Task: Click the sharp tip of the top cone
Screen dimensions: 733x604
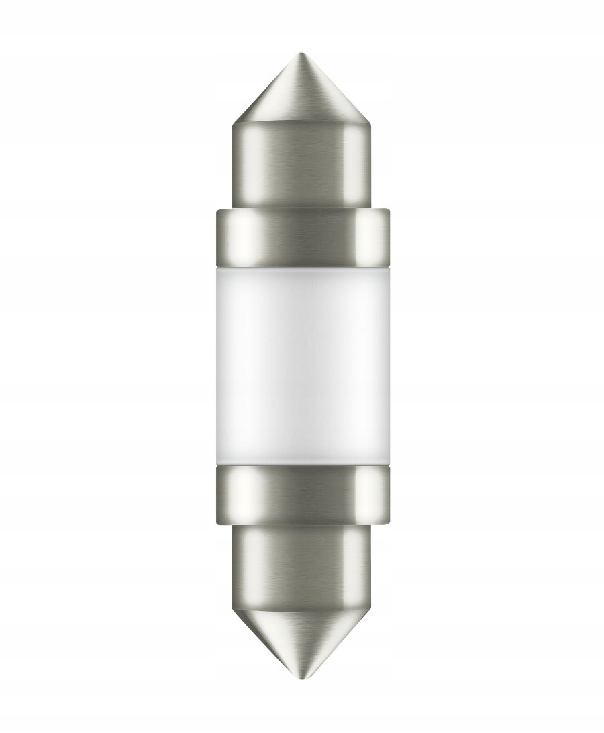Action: pyautogui.click(x=301, y=54)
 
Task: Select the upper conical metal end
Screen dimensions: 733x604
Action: pyautogui.click(x=301, y=94)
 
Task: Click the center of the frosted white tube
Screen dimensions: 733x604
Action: pyautogui.click(x=301, y=365)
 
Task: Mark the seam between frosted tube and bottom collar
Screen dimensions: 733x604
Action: pyautogui.click(x=301, y=467)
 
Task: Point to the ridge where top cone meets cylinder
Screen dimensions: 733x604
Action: pyautogui.click(x=301, y=125)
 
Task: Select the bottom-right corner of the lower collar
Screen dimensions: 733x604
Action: pyautogui.click(x=388, y=523)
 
